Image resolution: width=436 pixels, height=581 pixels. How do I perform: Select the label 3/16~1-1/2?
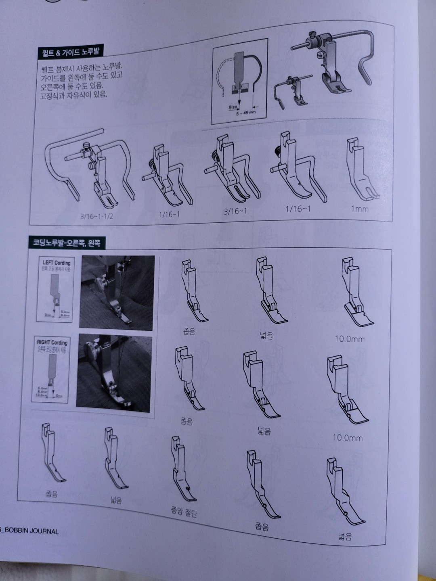coord(96,216)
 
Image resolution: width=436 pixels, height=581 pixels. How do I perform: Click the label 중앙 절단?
coord(184,512)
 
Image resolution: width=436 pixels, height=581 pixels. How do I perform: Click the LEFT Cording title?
coord(57,263)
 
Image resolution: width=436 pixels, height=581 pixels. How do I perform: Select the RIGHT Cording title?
coord(52,342)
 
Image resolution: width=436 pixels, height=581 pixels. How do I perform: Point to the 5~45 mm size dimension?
coord(246,112)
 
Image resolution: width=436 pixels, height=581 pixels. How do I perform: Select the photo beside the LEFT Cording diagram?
coord(117,292)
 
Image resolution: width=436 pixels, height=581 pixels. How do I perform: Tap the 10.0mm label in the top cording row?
coord(349,339)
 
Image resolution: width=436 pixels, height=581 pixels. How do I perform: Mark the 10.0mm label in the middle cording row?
coord(348,437)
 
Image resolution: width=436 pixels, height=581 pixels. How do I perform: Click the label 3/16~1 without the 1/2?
coord(235,211)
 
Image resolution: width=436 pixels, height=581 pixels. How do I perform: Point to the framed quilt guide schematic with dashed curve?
coord(240,81)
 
